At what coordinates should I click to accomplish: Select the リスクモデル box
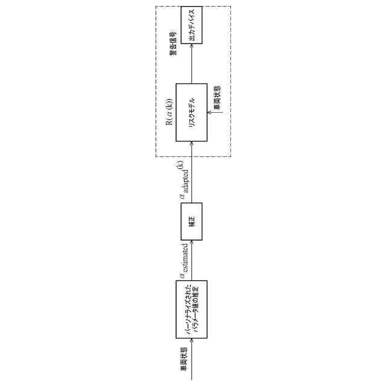(x=191, y=112)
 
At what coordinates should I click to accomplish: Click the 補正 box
(x=191, y=222)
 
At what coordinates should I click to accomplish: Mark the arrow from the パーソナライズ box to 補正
(x=191, y=259)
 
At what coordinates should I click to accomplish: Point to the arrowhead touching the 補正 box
(x=191, y=242)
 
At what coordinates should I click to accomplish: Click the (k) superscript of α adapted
(x=179, y=163)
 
